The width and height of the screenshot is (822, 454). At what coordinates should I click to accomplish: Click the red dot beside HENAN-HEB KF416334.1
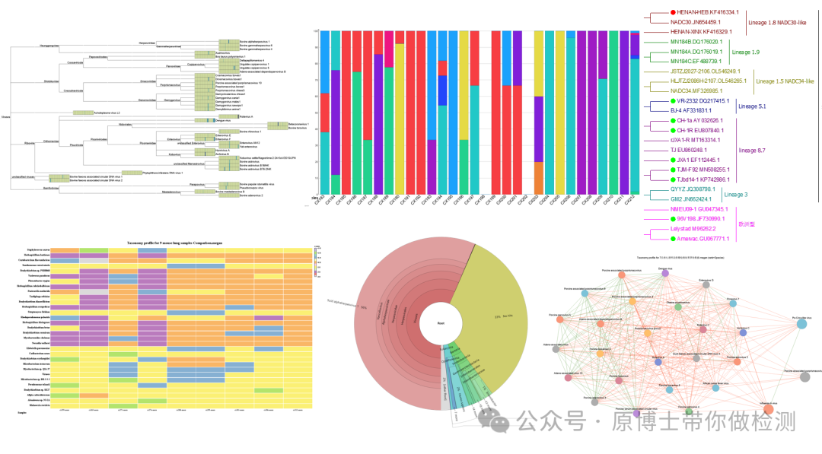[x=674, y=12]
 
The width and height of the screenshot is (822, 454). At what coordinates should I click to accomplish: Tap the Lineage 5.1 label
[x=748, y=106]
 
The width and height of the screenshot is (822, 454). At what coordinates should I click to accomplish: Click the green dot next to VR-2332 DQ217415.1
[x=674, y=101]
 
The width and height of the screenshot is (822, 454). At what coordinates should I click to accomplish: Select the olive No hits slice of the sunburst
[x=495, y=304]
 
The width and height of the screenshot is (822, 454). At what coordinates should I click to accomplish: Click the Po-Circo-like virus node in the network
[x=801, y=324]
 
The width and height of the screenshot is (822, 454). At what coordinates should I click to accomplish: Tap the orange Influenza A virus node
[x=769, y=410]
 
